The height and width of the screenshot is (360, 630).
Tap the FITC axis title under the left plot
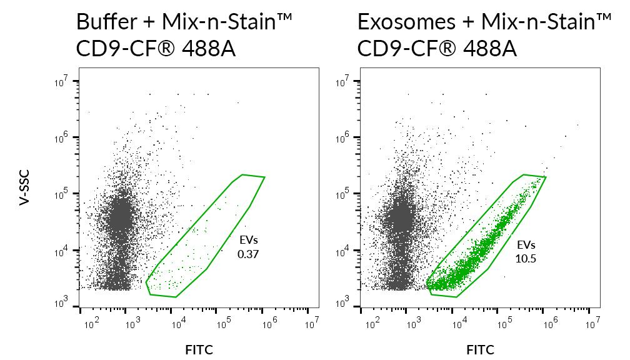tap(199, 349)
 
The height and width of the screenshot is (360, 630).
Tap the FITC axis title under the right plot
tap(480, 349)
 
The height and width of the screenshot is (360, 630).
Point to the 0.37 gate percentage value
tap(248, 254)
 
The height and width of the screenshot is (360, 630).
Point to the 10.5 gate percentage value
tap(526, 257)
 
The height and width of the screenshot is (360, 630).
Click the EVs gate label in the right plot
tap(526, 244)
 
